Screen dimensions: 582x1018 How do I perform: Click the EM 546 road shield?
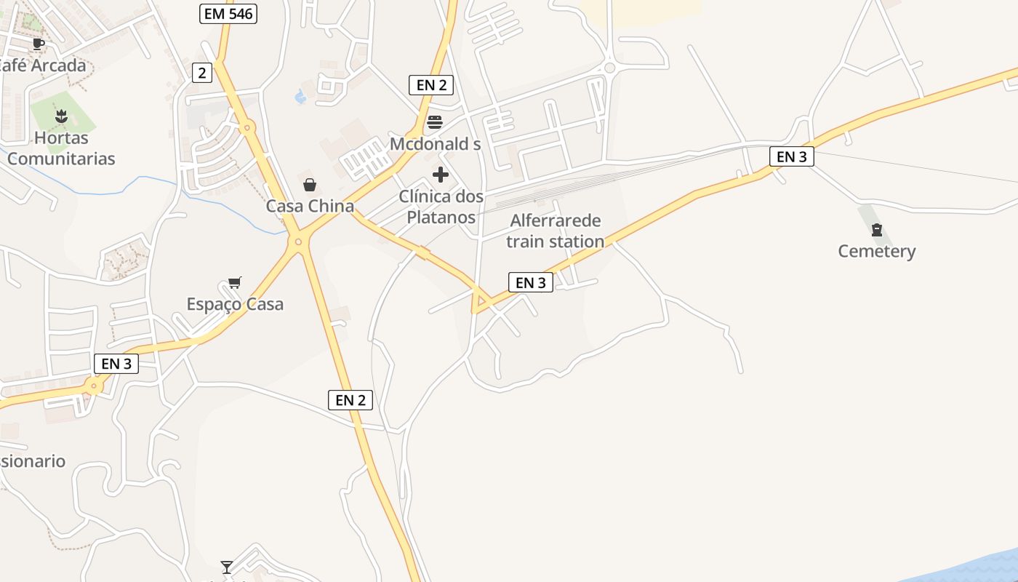click(x=228, y=13)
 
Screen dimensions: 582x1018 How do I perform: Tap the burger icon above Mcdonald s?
click(x=435, y=121)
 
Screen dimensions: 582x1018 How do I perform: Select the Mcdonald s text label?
click(x=435, y=144)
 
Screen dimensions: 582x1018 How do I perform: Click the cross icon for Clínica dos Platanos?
click(x=441, y=175)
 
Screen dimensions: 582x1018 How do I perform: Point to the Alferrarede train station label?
click(x=556, y=231)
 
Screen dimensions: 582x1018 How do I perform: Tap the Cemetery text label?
click(x=876, y=251)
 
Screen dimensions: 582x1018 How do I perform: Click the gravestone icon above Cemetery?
click(x=876, y=231)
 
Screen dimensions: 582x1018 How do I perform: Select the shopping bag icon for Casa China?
click(x=310, y=185)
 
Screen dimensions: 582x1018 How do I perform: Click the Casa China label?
click(x=310, y=206)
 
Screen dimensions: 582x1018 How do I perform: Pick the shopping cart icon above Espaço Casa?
click(x=234, y=282)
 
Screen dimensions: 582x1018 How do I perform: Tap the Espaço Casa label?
click(x=235, y=304)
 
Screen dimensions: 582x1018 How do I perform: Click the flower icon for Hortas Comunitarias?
click(x=61, y=116)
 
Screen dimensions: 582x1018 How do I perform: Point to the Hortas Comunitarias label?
click(x=61, y=148)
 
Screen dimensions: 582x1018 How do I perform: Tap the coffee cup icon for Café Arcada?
click(x=39, y=44)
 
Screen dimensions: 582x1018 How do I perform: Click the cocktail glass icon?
click(x=227, y=567)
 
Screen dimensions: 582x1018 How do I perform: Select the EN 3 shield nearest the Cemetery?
click(x=791, y=156)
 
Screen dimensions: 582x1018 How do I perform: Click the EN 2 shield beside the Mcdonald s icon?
click(x=431, y=85)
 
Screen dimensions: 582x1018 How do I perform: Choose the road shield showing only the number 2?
click(x=202, y=72)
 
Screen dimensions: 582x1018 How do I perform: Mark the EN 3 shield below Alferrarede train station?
click(x=531, y=282)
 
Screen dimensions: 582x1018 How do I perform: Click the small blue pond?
click(x=300, y=96)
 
